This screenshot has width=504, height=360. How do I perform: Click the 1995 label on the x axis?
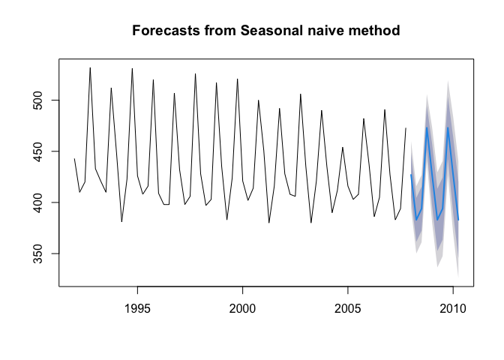(137, 308)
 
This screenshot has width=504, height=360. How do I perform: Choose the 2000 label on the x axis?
(242, 308)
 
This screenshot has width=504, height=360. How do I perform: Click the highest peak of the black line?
(90, 67)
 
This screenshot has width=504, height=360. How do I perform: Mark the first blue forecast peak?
(427, 127)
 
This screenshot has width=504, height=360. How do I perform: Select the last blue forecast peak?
(448, 127)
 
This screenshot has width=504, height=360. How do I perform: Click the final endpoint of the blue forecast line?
(458, 220)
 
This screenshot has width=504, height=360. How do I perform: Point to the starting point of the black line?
(74, 158)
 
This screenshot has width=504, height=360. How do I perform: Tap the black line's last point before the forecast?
(406, 128)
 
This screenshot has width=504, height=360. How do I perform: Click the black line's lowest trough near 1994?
(121, 222)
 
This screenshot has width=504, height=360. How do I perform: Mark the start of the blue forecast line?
(411, 175)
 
